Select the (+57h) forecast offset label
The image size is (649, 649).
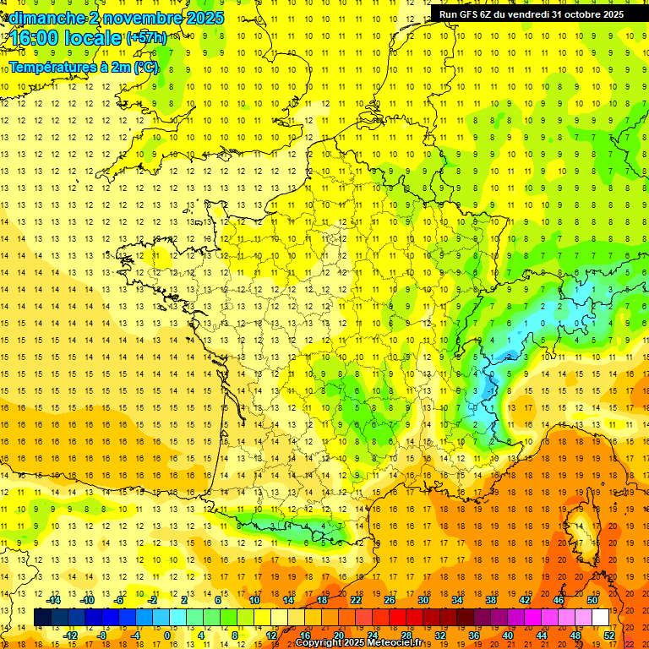(146, 38)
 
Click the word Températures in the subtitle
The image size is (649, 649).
(51, 67)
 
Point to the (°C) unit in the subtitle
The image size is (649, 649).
(145, 67)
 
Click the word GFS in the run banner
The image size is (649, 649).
(472, 14)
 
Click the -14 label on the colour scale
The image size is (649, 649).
(52, 600)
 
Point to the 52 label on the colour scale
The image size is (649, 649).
(609, 635)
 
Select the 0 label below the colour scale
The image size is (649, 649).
(167, 635)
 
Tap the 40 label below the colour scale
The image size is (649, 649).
(508, 635)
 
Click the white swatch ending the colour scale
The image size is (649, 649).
(600, 618)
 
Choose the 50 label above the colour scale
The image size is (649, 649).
(592, 600)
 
